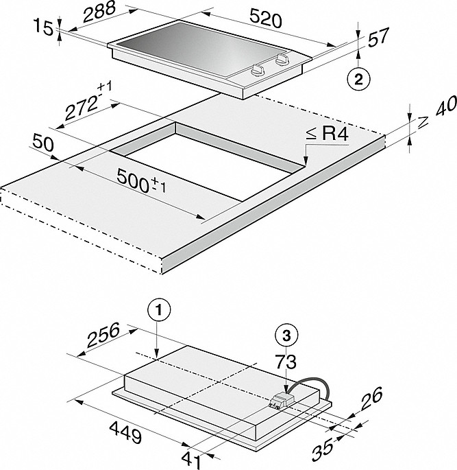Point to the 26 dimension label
coord(372,397)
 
